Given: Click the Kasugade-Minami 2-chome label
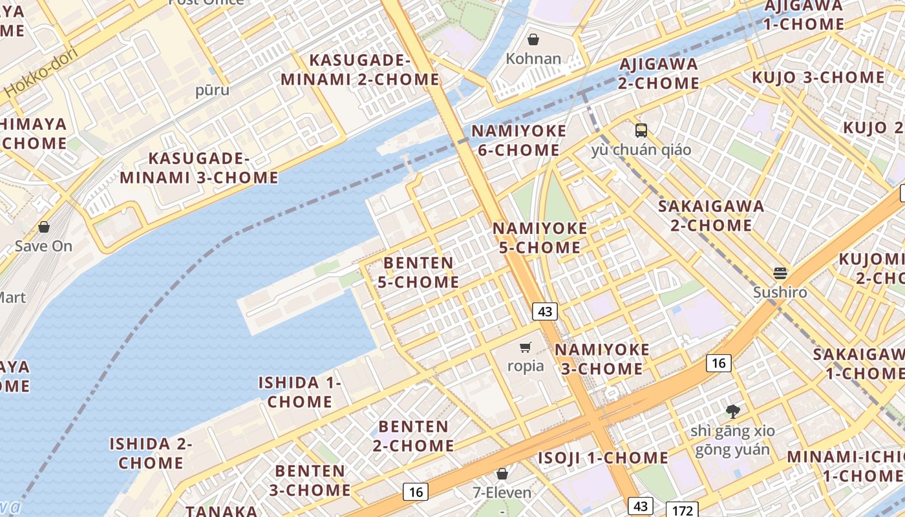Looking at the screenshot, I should coord(360,70).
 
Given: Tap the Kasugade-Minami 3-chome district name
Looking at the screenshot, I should coord(199,168).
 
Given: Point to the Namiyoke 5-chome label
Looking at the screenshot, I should coord(540,238).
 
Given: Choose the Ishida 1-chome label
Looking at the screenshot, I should coord(300,392).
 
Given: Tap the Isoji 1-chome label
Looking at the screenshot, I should coord(603,458).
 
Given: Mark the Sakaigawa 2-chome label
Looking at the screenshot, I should coord(711,216).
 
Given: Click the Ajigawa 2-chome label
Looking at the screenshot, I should coord(659,74).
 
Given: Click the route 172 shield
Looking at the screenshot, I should coord(682,511).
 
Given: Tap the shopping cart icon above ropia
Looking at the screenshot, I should coord(526,348).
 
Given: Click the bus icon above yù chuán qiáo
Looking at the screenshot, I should coord(641,131).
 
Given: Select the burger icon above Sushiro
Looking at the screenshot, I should coord(780,273).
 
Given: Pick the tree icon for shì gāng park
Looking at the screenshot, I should coord(732,411).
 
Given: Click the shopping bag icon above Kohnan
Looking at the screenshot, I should coord(533,39).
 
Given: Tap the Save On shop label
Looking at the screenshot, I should coord(44,246).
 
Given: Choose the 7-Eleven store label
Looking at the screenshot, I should coord(502,493).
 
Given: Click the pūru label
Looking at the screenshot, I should coord(212,90).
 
